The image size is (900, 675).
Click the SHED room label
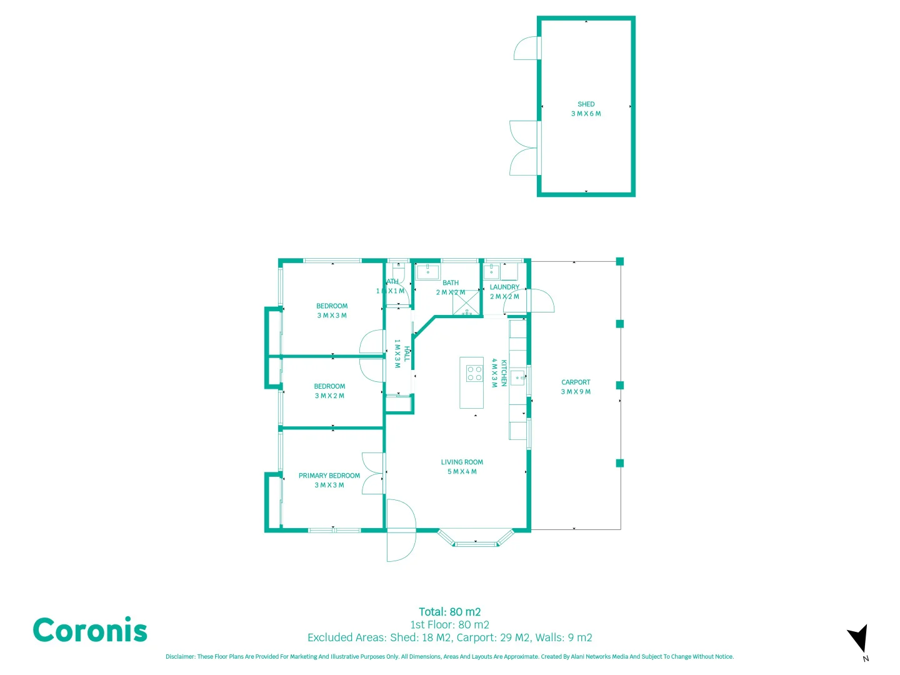click(586, 104)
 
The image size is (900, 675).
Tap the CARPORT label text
click(576, 382)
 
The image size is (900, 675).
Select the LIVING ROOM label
click(462, 462)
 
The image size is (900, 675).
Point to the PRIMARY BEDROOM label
click(329, 476)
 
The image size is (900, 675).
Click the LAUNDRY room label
click(504, 287)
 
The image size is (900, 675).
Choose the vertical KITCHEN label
click(504, 373)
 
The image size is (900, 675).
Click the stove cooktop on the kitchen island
click(474, 373)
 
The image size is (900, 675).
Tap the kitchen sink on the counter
click(518, 378)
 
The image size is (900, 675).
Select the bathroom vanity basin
click(428, 272)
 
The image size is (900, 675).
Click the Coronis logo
click(90, 630)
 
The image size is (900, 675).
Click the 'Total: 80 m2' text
click(449, 612)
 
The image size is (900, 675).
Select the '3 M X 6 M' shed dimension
click(586, 114)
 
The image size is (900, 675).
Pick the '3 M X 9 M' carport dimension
click(576, 392)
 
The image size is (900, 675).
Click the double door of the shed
click(524, 148)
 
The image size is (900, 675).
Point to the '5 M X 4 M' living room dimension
click(462, 472)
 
